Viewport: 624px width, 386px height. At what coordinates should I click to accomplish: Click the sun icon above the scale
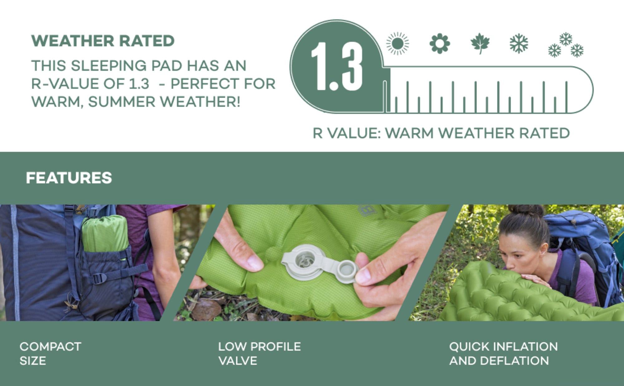[x=397, y=43]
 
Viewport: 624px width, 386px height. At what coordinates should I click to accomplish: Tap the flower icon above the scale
[x=440, y=43]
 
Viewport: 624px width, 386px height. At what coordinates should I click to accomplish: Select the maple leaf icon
[x=480, y=43]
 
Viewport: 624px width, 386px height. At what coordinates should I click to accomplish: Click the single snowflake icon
[x=519, y=43]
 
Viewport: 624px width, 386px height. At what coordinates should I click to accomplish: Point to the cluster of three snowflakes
[x=566, y=45]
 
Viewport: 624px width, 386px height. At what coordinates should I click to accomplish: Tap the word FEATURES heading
[x=69, y=178]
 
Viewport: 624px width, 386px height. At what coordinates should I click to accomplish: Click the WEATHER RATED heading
[x=103, y=41]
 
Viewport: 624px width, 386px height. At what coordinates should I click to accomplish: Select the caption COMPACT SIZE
[x=50, y=354]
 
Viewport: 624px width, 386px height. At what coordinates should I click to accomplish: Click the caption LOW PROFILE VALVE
[x=259, y=354]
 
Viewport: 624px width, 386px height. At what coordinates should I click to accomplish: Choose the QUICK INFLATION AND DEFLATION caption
[x=503, y=354]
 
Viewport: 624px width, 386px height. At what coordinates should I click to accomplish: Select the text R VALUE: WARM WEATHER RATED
[x=441, y=133]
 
